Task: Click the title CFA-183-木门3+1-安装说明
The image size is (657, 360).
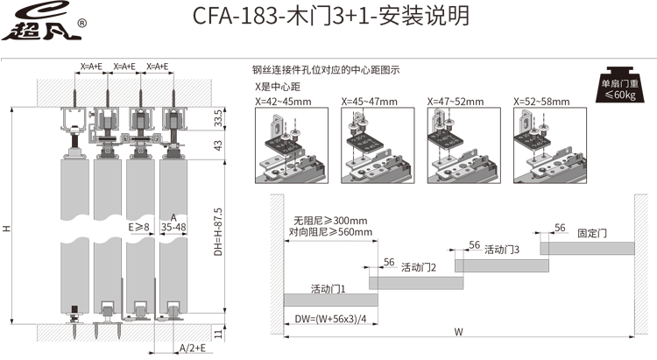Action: pos(330,16)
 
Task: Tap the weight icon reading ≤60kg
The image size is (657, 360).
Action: pos(619,85)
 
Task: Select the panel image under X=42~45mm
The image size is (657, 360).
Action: pos(292,145)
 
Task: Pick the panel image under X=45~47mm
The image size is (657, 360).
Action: pos(378,145)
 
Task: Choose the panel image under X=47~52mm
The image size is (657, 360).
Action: pos(463,145)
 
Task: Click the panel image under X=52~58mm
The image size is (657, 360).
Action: pos(550,145)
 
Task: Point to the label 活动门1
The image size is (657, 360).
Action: pos(328,289)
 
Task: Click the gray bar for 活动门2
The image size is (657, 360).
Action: pos(416,283)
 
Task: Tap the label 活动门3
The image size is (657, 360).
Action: pos(502,250)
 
